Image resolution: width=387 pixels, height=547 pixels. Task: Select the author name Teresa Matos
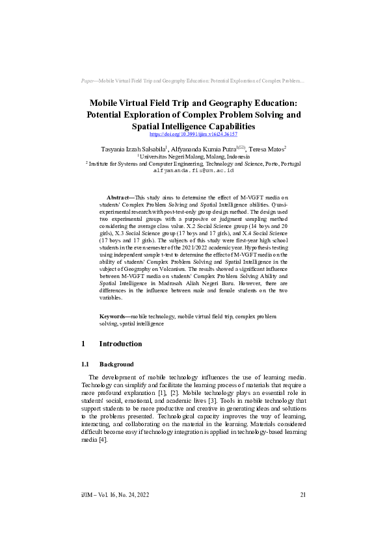[x=268, y=149]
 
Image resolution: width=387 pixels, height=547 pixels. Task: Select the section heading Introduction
[x=120, y=344]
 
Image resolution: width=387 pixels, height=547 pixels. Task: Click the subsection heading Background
[x=116, y=364]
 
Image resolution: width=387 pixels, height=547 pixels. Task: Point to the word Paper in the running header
[x=86, y=81]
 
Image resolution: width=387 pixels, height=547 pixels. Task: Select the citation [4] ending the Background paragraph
[x=102, y=440]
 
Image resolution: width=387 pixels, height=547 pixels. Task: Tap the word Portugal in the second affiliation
[x=287, y=164]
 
